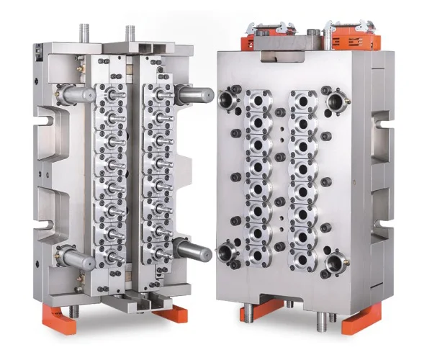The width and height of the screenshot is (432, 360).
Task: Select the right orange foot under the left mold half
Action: [x=170, y=314]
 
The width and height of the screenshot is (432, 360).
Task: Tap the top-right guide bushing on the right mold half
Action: [x=335, y=100]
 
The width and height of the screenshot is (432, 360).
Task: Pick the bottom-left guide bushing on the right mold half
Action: [x=230, y=251]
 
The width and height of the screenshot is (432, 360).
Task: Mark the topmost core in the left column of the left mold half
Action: [x=112, y=94]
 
